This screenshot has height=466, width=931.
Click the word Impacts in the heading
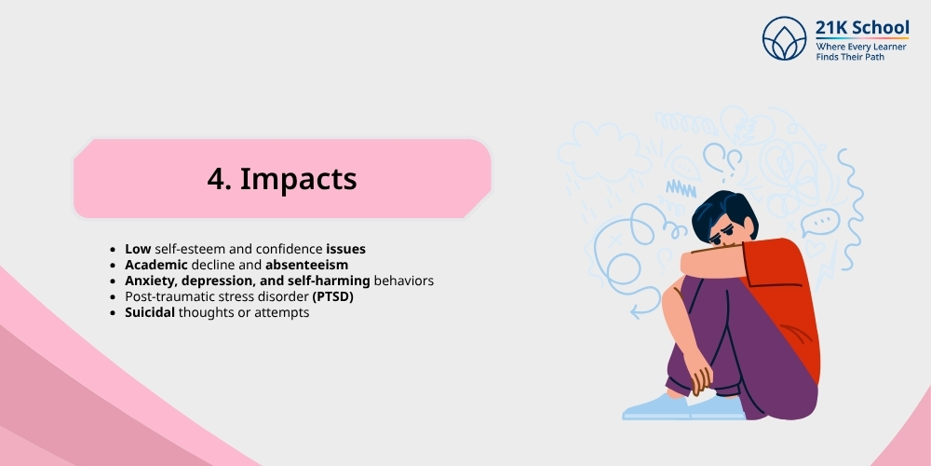[x=298, y=179]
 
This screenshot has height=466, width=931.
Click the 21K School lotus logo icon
[x=784, y=38]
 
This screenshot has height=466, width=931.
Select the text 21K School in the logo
[x=862, y=28]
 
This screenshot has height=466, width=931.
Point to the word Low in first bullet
[x=139, y=250]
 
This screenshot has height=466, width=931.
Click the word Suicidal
[x=155, y=313]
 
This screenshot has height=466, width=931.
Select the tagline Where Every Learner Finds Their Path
[x=861, y=51]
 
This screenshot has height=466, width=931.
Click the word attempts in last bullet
[x=280, y=313]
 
